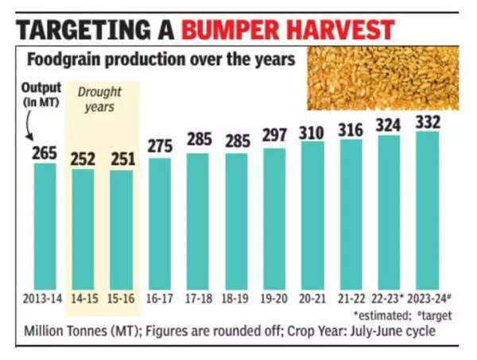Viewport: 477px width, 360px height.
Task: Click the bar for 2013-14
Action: point(45,226)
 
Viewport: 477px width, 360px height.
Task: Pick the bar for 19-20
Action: point(274,218)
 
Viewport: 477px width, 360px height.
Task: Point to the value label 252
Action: point(83,158)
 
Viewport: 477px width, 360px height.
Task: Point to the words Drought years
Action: point(100,99)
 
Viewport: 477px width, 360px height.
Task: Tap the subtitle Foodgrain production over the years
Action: point(158,60)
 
